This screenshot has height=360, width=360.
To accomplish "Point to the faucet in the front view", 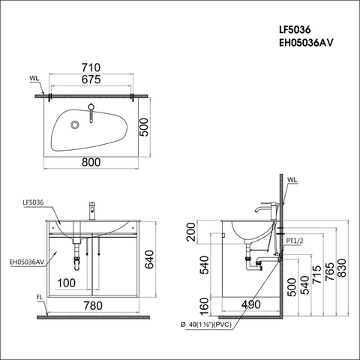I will tap(91, 209).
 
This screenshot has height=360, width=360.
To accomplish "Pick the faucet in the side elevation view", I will tap(265, 205).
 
